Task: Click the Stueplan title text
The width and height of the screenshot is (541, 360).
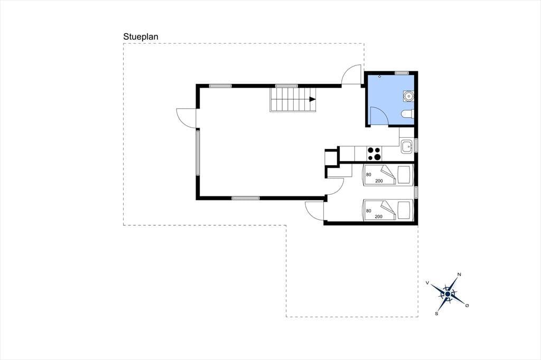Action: point(141,37)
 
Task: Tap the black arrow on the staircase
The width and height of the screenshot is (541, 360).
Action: point(313,99)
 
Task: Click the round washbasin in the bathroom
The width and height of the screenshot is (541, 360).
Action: point(408,96)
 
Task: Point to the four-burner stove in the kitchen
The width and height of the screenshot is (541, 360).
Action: point(374,154)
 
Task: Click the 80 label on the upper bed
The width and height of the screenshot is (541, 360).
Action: point(368,175)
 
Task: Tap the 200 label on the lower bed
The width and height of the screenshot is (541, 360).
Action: point(378,216)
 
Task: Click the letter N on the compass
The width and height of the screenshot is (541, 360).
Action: point(459,274)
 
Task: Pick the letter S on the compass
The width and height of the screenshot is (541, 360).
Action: point(436,314)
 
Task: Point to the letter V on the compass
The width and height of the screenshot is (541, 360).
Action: point(427,283)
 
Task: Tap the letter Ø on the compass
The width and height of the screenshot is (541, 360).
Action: point(467,306)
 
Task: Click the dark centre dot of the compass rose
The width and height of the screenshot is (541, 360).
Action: point(447,294)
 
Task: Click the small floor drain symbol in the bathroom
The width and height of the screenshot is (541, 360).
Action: point(379,77)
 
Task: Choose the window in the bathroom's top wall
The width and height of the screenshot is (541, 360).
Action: point(402,73)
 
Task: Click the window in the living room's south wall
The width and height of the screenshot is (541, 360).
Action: point(245,198)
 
